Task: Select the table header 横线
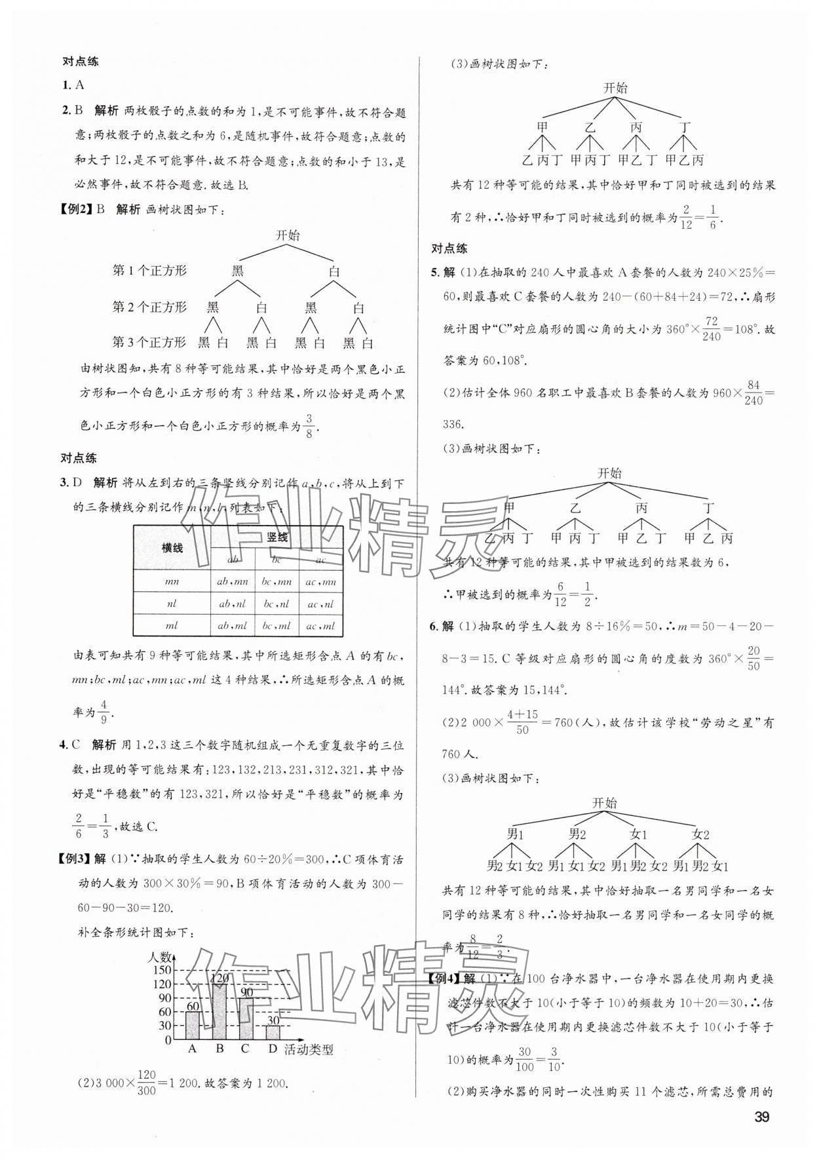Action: pyautogui.click(x=172, y=548)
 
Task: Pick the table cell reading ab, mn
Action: pyautogui.click(x=233, y=581)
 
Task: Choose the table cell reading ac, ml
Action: pyautogui.click(x=321, y=625)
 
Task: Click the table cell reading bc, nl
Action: pyautogui.click(x=276, y=604)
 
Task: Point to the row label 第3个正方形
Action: pyautogui.click(x=149, y=341)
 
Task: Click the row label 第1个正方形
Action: pyautogui.click(x=149, y=271)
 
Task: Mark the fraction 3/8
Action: pyautogui.click(x=310, y=425)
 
